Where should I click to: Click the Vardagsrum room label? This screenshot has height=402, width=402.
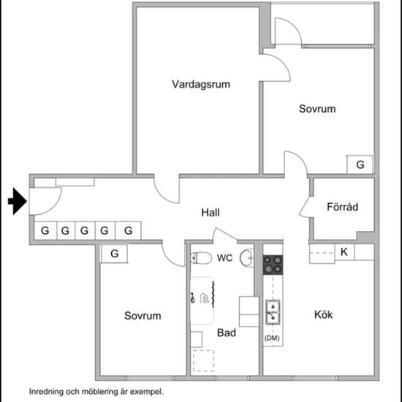201,84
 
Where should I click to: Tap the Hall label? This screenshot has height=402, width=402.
211,213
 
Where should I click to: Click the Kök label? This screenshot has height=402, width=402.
323,315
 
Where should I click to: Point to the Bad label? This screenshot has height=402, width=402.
227,333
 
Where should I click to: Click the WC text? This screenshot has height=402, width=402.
224,258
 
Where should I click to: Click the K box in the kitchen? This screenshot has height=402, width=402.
344,252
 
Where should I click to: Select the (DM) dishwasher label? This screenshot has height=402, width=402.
272,338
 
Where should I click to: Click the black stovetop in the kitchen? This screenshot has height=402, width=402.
273,264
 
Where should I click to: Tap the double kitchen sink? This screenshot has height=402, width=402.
273,311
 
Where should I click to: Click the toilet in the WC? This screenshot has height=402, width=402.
201,257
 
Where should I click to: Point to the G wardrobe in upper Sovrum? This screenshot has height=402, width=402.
360,165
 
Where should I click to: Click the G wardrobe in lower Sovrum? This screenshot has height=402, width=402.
114,254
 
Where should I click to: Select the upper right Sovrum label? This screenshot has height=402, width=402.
317,109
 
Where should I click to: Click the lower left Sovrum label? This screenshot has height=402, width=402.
143,316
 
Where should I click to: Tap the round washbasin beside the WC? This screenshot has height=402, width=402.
249,257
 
